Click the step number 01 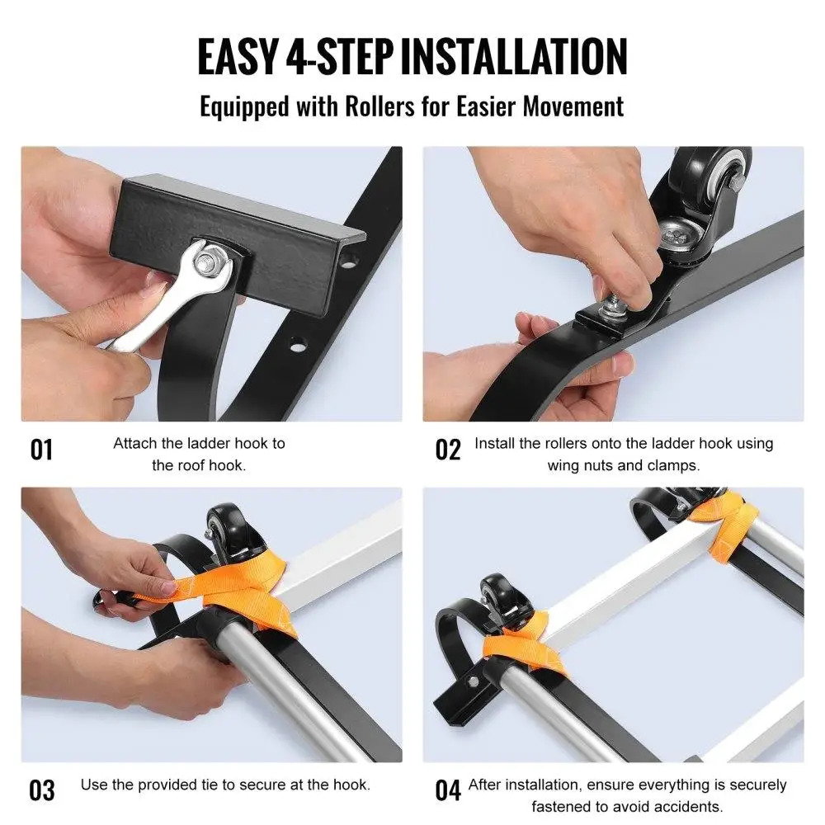(41, 450)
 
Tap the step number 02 (448, 450)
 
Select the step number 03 (41, 790)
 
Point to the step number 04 (448, 790)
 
